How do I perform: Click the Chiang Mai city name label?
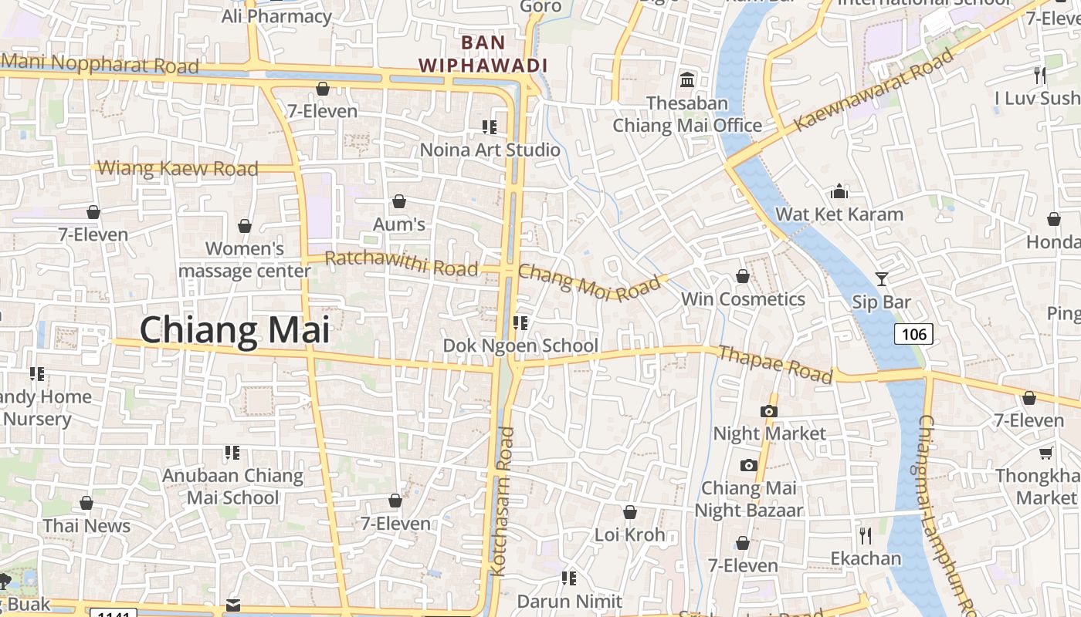(x=235, y=330)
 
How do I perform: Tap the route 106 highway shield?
(x=914, y=334)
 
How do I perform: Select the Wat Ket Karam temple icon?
(x=839, y=191)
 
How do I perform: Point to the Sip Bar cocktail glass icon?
(x=882, y=279)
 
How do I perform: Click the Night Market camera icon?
(x=768, y=411)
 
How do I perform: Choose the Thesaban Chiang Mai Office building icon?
(x=686, y=79)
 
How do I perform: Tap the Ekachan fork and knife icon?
(x=866, y=535)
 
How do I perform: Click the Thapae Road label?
(x=775, y=364)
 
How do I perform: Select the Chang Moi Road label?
(x=590, y=282)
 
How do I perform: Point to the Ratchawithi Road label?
(x=402, y=263)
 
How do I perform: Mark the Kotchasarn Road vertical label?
(x=502, y=501)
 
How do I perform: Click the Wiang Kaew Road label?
(x=178, y=168)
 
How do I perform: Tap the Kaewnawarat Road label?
(x=874, y=89)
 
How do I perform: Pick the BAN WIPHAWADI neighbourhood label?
(x=483, y=54)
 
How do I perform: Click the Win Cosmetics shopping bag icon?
(x=743, y=276)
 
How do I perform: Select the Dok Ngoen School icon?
(x=520, y=322)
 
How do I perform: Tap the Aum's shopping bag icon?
(x=399, y=202)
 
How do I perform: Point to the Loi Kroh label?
(x=629, y=534)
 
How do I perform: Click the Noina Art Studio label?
(x=490, y=150)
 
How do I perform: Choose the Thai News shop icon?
(x=86, y=503)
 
